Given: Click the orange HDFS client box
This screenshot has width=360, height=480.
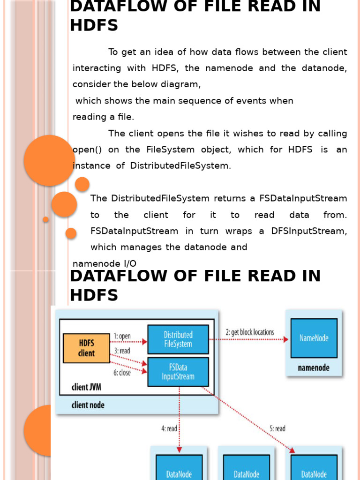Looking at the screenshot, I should point(86,348).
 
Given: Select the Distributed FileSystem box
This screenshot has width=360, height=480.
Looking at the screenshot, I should point(178,339).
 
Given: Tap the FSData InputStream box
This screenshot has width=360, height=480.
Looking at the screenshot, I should point(178,372).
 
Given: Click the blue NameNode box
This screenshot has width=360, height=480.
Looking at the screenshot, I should point(314,338).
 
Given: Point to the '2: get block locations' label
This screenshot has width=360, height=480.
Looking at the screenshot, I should point(249,332).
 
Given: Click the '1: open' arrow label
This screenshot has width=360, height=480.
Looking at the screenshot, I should point(122,336).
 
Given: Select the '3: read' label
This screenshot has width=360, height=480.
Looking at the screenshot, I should point(122,350).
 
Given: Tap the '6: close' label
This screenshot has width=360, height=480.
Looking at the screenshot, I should point(122,373).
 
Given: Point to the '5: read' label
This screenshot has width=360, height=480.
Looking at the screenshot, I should point(277,428).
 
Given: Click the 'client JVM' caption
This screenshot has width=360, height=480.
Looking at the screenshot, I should point(86,387).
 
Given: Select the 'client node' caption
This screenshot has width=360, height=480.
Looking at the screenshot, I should point(88,405).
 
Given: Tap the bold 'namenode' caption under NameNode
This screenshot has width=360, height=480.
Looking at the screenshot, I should point(314,368).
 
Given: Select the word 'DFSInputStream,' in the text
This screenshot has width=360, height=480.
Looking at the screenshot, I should point(309,231).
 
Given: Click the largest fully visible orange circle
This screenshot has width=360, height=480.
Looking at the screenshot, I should point(50,160).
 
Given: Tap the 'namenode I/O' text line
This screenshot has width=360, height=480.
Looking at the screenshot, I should point(105,263).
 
